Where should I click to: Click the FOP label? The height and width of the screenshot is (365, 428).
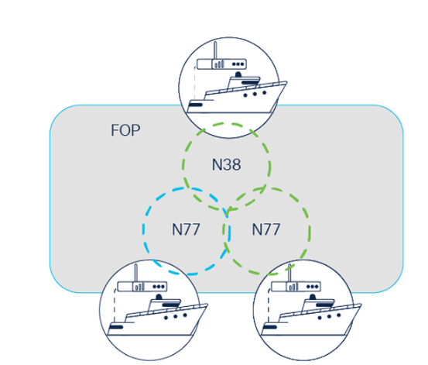click(125, 130)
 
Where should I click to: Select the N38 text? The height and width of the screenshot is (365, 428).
click(227, 164)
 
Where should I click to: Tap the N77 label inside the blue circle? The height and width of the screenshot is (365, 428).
click(186, 229)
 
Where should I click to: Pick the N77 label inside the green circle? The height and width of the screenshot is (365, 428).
click(266, 229)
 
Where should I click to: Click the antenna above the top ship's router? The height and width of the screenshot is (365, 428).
click(215, 50)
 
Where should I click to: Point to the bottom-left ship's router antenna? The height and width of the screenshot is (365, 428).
click(136, 273)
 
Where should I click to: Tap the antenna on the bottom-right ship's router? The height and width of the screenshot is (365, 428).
click(289, 273)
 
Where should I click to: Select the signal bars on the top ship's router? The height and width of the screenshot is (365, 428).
click(220, 64)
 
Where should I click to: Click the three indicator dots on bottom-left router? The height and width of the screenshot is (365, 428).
click(159, 287)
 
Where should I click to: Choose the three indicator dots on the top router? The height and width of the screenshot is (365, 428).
click(238, 64)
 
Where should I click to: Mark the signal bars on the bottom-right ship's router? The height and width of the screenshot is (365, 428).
click(293, 287)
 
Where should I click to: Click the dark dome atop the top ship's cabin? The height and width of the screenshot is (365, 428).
click(238, 74)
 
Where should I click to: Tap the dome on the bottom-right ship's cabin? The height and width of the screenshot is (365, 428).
click(313, 297)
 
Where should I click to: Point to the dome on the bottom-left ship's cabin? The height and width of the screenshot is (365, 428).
click(159, 297)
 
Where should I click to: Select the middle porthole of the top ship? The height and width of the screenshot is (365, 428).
click(255, 94)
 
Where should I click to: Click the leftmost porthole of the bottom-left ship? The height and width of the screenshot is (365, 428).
click(166, 318)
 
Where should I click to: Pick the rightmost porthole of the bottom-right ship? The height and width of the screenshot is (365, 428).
click(339, 315)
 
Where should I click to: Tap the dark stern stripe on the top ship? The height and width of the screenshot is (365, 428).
click(196, 105)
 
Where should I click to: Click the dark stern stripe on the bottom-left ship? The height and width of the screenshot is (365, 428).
click(116, 327)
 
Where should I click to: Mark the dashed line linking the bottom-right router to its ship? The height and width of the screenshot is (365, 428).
click(269, 305)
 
